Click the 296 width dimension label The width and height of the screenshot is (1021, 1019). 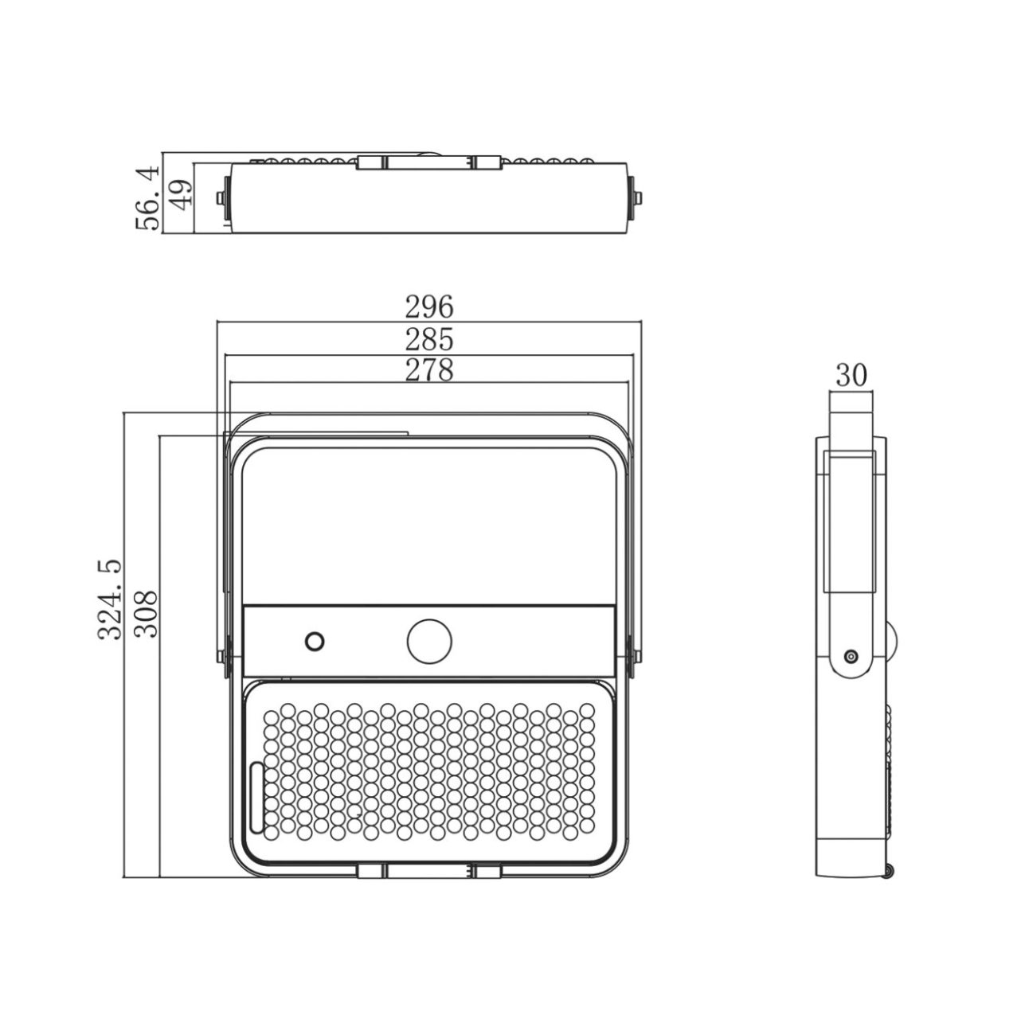point(429,306)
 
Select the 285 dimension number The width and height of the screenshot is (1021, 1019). point(429,339)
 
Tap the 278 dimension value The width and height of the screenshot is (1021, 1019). point(429,369)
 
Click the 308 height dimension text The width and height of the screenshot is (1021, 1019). point(145,614)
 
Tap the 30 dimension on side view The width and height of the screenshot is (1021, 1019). point(851,376)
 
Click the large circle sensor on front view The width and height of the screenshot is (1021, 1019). point(429,642)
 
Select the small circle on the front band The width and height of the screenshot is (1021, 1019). point(315,642)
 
